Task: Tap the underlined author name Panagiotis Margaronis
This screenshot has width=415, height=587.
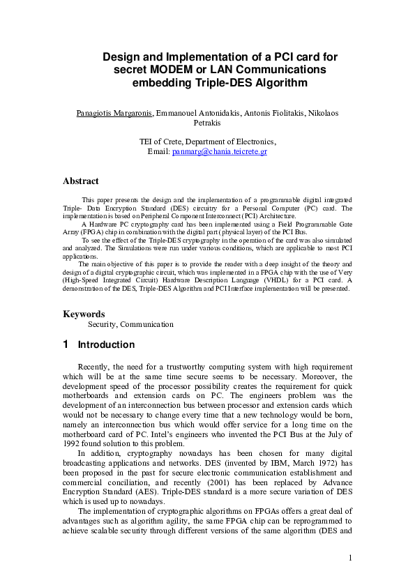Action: point(114,113)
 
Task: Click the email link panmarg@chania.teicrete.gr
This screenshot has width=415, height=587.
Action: point(220,151)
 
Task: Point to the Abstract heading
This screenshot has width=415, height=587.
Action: point(81,181)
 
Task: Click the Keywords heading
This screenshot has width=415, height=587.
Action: point(84,314)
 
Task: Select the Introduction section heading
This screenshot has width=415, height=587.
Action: point(106,345)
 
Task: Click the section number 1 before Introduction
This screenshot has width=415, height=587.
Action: point(66,344)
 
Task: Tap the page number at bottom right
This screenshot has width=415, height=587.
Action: point(350,558)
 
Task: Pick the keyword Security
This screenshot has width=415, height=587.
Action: point(103,324)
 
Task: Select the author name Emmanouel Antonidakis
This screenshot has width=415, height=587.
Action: point(197,113)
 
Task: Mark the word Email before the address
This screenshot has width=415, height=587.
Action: point(159,151)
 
